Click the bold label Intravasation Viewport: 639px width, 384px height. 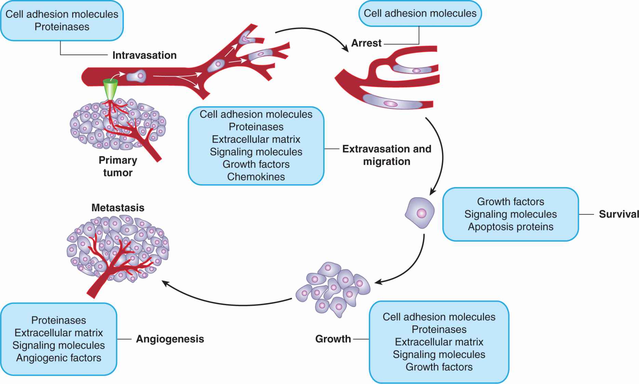pyautogui.click(x=144, y=55)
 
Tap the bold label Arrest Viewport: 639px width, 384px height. pyautogui.click(x=366, y=43)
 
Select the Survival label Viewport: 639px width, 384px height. pyautogui.click(x=618, y=214)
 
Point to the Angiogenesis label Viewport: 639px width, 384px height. pyautogui.click(x=170, y=339)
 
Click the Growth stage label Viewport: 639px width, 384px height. pyautogui.click(x=333, y=339)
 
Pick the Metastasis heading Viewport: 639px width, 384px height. pyautogui.click(x=118, y=208)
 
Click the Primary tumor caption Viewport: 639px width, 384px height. pyautogui.click(x=118, y=166)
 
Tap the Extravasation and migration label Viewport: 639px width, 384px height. pyautogui.click(x=387, y=155)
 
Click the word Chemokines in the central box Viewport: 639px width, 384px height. pyautogui.click(x=256, y=177)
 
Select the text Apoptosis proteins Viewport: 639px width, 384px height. pyautogui.click(x=510, y=227)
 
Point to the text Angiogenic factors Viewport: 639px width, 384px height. pyautogui.click(x=58, y=358)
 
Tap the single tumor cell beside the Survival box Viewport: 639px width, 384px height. pyautogui.click(x=420, y=213)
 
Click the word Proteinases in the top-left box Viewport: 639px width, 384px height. pyautogui.click(x=62, y=27)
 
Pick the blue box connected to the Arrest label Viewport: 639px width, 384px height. pyautogui.click(x=420, y=14)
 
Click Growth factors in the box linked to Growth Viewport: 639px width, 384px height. pyautogui.click(x=439, y=367)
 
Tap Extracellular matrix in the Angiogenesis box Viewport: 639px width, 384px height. pyautogui.click(x=58, y=333)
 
